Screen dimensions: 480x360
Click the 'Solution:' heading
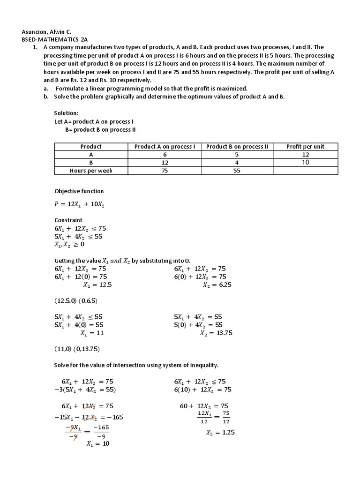click(67, 113)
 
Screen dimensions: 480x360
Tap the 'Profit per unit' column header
click(305, 147)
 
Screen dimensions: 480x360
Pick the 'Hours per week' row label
click(91, 171)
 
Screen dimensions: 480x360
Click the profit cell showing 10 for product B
click(305, 163)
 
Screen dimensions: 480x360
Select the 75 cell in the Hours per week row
click(165, 171)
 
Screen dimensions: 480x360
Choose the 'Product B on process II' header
click(237, 147)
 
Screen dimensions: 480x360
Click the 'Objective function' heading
click(79, 191)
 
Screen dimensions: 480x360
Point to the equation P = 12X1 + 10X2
click(80, 204)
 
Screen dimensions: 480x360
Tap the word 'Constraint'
click(68, 220)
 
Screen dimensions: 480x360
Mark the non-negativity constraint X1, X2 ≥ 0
click(69, 244)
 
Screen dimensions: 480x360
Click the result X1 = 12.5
click(97, 285)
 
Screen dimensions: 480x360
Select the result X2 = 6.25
click(216, 285)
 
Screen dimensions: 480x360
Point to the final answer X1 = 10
click(97, 443)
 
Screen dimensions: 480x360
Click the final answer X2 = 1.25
click(220, 433)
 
